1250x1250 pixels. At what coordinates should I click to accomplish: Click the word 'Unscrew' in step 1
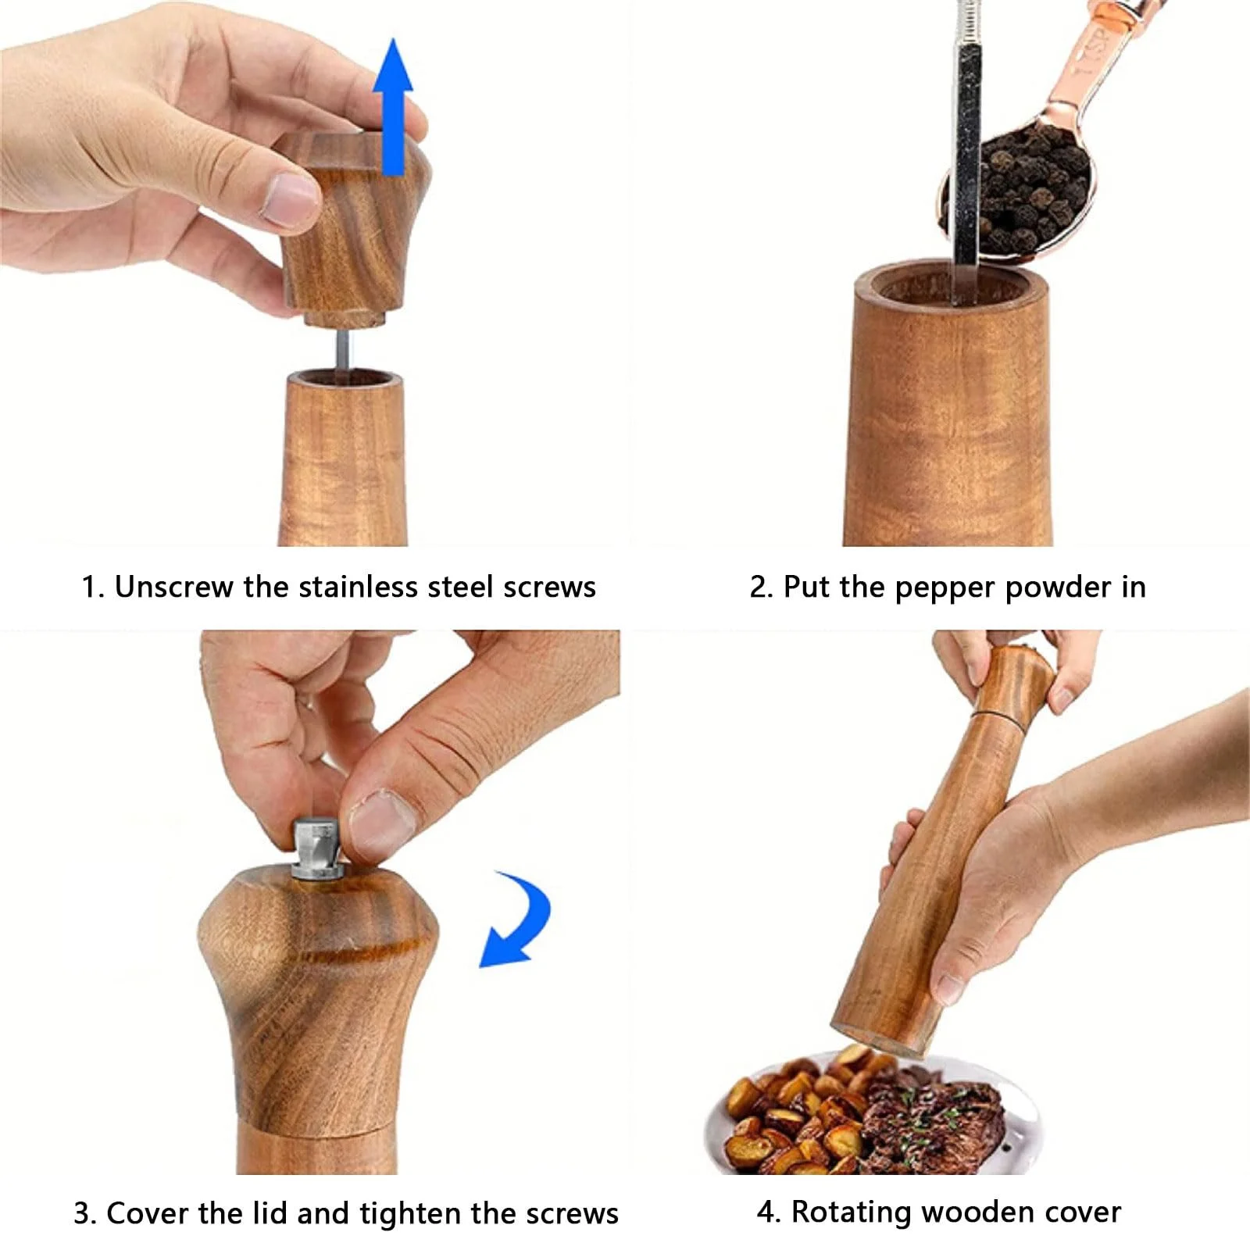tap(174, 587)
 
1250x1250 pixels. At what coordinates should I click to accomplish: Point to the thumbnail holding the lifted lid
tap(289, 196)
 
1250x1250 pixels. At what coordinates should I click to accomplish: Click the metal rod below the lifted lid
tap(344, 349)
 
